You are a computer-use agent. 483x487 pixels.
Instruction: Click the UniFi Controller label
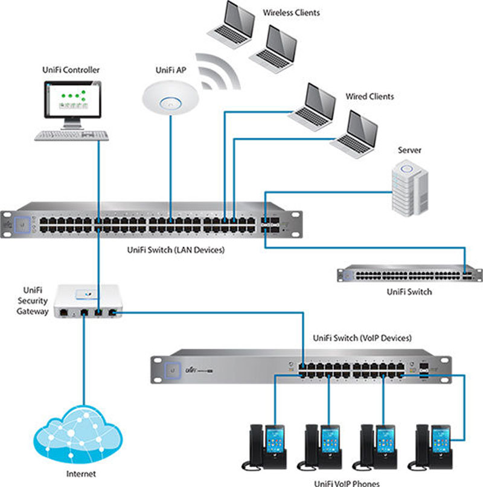[x=71, y=71]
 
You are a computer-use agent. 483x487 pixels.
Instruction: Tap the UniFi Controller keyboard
[x=70, y=135]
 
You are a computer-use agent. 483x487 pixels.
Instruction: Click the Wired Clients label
[x=369, y=96]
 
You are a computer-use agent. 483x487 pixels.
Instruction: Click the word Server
[x=410, y=150]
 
